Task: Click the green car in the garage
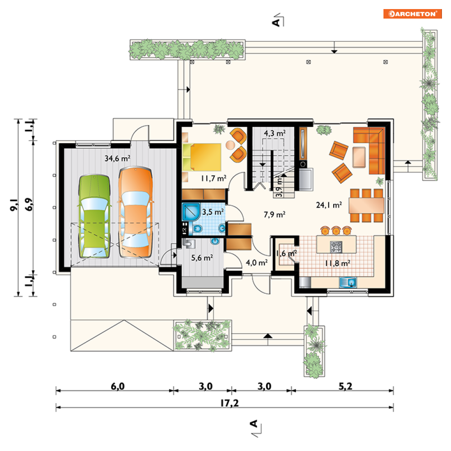point(94,216)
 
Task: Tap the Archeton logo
point(412,14)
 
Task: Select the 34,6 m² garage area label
point(117,158)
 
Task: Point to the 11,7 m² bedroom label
point(213,179)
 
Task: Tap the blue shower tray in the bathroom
point(191,212)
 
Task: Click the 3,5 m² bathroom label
point(213,212)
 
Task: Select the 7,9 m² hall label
point(274,214)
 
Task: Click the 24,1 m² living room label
point(329,205)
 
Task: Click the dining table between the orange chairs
point(366,205)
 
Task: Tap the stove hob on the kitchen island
point(336,247)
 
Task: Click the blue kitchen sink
point(348,282)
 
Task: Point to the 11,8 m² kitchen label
point(337,263)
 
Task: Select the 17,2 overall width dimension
point(229,403)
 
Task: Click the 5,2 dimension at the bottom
point(345,386)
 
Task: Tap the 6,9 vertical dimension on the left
point(29,204)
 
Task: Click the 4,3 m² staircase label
point(275,133)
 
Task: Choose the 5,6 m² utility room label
point(202,258)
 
